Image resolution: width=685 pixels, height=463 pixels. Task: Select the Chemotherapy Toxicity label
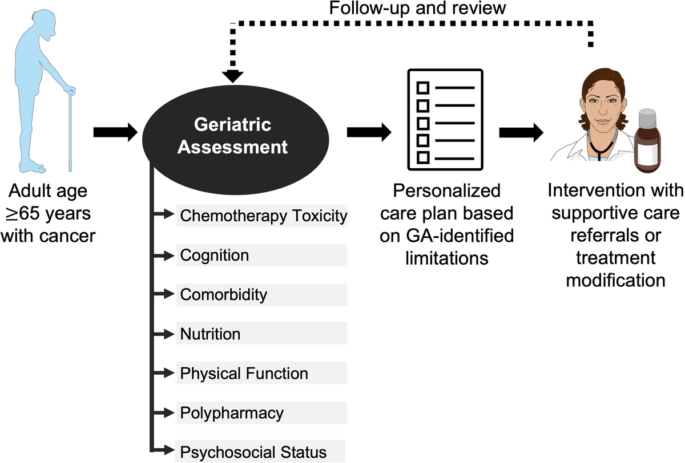tap(263, 216)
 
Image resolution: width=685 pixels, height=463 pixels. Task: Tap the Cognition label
tap(215, 255)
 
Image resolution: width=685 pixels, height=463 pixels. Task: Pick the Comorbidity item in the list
tap(223, 294)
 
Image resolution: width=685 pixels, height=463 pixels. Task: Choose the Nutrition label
tap(210, 334)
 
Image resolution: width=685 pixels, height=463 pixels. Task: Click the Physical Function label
tap(244, 373)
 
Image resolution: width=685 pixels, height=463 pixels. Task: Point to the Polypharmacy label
tap(231, 412)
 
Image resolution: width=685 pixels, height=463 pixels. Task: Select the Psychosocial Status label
tap(253, 452)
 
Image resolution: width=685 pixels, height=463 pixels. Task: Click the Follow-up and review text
tap(417, 9)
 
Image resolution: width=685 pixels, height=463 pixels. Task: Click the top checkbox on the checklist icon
tap(424, 88)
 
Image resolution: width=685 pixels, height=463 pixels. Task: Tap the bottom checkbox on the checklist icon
tap(424, 156)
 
